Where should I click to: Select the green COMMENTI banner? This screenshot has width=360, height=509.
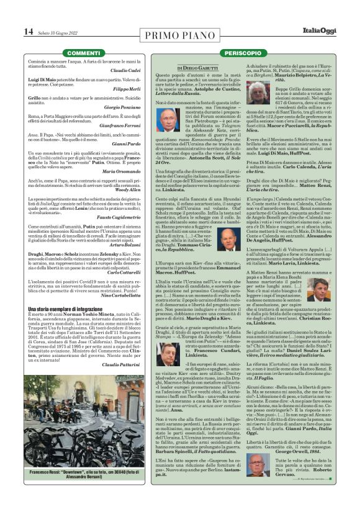83,53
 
